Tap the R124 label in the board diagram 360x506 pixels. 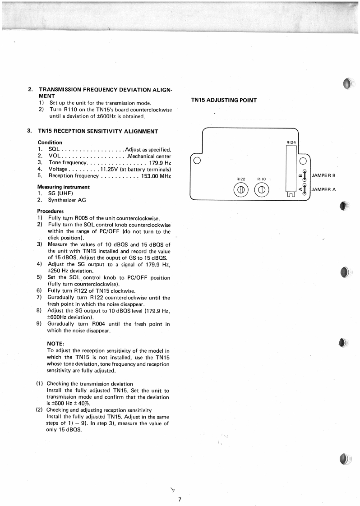[291, 143]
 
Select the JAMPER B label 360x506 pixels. [323, 175]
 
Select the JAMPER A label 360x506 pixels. [323, 189]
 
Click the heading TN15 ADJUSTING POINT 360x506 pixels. [224, 100]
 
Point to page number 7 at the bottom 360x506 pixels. [180, 499]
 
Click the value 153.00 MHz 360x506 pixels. [156, 176]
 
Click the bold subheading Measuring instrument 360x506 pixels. [63, 187]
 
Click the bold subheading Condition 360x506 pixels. [50, 143]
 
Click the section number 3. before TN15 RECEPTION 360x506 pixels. [29, 131]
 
